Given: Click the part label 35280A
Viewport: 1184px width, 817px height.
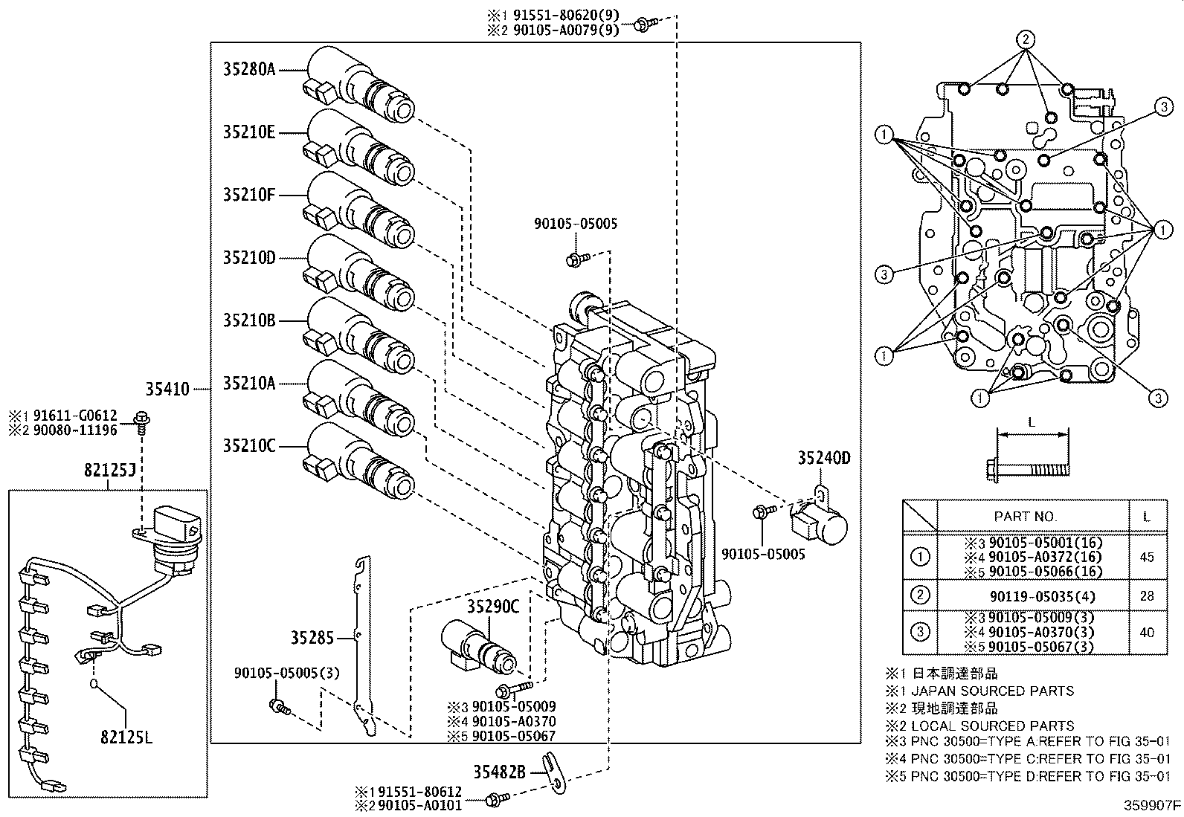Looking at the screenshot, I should [249, 70].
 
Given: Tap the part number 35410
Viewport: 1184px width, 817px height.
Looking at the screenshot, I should [167, 388].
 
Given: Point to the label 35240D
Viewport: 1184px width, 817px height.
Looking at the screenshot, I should [824, 458].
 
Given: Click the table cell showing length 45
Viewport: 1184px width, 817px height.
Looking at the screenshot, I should [1147, 557].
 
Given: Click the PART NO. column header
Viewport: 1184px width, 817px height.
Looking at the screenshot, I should [1026, 516].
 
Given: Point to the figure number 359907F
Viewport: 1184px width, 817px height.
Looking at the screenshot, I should [1151, 804].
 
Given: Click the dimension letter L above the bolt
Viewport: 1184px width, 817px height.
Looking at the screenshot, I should [1031, 422].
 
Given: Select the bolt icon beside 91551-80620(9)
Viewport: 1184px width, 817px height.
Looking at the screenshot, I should [642, 25].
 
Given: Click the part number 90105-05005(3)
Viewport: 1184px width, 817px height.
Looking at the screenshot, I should [286, 674].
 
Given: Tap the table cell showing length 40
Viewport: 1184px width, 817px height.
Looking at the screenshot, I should [1147, 632].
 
